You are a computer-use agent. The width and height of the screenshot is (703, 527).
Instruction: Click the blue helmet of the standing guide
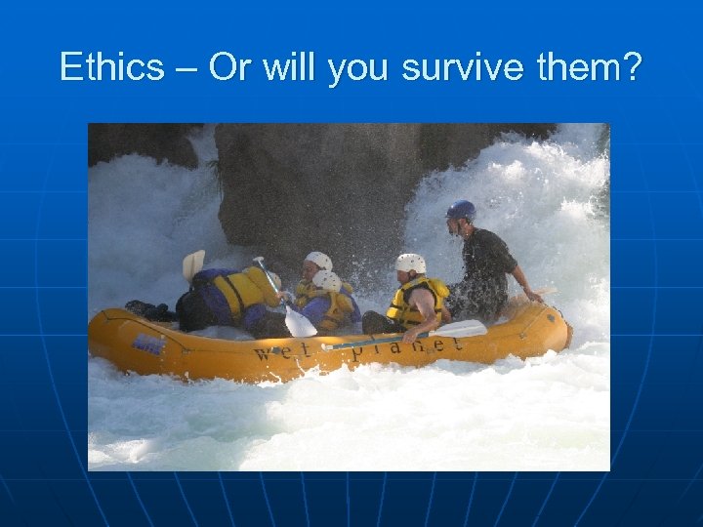point(461,210)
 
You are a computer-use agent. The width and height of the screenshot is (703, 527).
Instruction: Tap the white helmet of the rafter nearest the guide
point(410,263)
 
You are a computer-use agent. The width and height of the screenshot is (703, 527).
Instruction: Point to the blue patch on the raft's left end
point(148,344)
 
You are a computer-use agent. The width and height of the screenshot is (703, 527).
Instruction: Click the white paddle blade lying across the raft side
point(457,330)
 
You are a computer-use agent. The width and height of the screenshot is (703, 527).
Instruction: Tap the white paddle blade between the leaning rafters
point(299,323)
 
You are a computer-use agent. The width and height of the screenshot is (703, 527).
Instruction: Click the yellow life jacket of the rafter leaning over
point(242,293)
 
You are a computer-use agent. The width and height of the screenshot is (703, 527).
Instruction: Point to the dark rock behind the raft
point(312,185)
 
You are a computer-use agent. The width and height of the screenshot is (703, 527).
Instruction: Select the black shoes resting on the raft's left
point(146,309)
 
